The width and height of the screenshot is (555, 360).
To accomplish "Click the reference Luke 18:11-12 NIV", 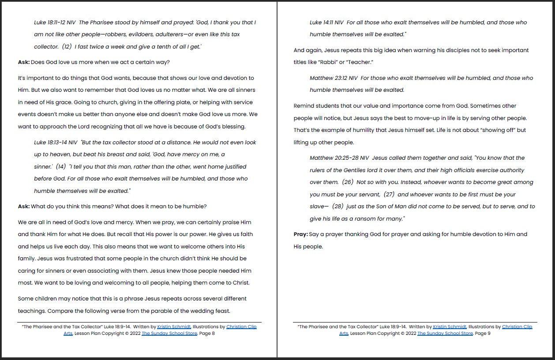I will pos(55,22).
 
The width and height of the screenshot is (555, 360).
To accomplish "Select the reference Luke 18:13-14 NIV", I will pos(56,142).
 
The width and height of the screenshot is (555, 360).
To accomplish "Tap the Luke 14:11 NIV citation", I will pos(326,22).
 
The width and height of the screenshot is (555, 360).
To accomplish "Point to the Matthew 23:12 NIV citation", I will pos(334,78).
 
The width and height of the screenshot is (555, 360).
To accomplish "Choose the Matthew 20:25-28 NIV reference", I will pos(339,158).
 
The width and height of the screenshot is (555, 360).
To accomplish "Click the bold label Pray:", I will pos(300,234).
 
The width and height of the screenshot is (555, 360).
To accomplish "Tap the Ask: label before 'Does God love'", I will pos(24,62).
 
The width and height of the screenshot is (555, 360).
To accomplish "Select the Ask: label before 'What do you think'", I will pos(24,206).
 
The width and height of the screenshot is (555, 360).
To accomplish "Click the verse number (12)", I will pos(66,47).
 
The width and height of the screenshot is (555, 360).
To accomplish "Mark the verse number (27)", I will pos(389,195).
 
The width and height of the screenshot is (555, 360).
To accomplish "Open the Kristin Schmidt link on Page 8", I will pos(174,327).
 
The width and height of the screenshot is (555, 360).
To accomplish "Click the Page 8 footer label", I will pos(207,334).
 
